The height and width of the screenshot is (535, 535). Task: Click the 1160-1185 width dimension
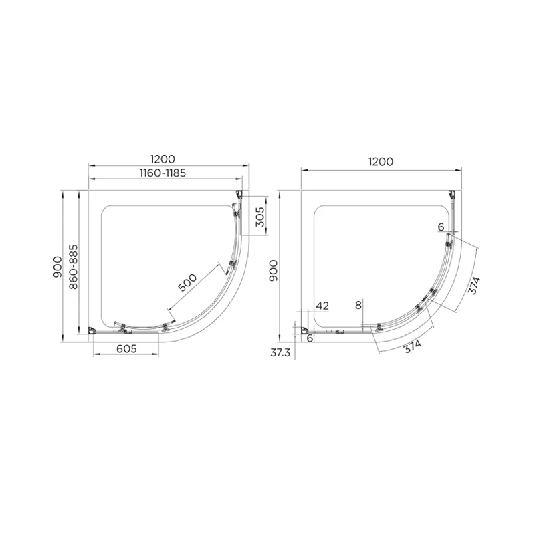(x=163, y=173)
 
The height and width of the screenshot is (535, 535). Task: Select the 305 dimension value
(x=261, y=217)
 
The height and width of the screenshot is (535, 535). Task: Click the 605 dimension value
(x=126, y=348)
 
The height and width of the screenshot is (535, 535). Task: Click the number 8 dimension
(x=358, y=305)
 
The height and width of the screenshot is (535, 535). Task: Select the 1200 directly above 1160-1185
(x=163, y=159)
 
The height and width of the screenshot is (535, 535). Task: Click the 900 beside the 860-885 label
(x=60, y=266)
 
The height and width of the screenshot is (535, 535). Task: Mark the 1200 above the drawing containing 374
(x=379, y=161)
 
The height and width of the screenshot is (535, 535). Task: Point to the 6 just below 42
(x=310, y=338)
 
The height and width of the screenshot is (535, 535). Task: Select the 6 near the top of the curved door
(x=441, y=227)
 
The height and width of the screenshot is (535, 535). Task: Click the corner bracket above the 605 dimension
(x=93, y=330)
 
